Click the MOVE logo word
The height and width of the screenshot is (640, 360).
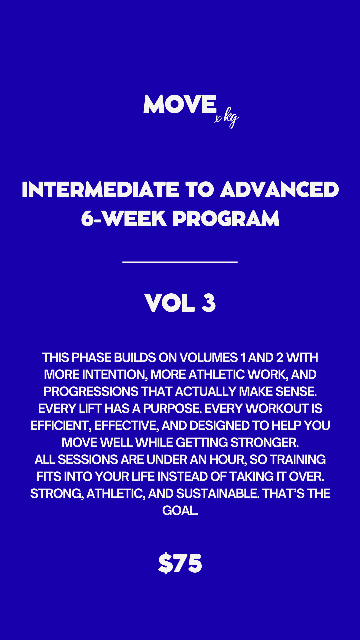pyautogui.click(x=180, y=104)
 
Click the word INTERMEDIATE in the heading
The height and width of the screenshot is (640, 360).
pyautogui.click(x=100, y=190)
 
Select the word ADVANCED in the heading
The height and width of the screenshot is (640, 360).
pyautogui.click(x=279, y=190)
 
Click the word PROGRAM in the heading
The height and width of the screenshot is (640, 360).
pyautogui.click(x=226, y=219)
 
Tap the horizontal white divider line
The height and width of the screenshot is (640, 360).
pyautogui.click(x=180, y=262)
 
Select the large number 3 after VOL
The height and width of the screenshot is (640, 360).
pyautogui.click(x=209, y=303)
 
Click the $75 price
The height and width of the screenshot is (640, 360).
pyautogui.click(x=180, y=564)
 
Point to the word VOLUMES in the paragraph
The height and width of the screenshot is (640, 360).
pyautogui.click(x=208, y=358)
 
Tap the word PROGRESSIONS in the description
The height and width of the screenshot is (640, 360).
pyautogui.click(x=91, y=392)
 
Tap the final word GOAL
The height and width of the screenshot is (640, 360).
pyautogui.click(x=179, y=511)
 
